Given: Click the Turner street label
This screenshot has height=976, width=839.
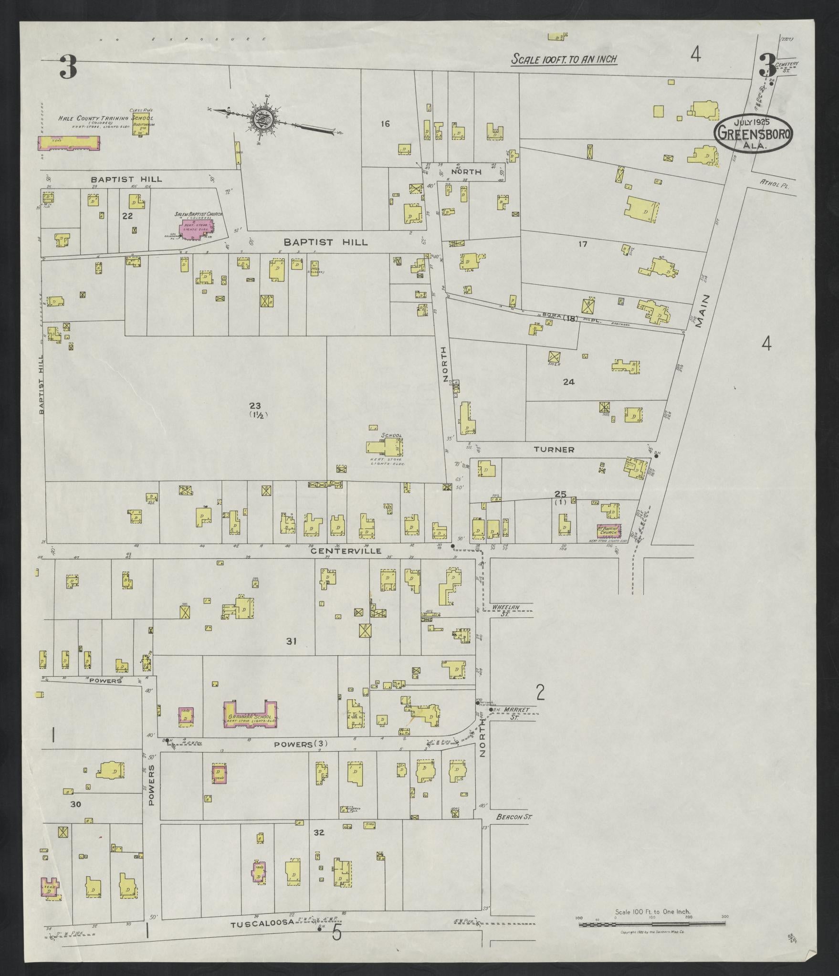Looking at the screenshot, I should tap(554, 450).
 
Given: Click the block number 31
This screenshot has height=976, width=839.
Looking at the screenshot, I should tap(291, 641).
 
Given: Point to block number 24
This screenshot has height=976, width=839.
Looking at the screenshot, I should tap(568, 381).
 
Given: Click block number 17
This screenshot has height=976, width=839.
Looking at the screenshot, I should tap(582, 244).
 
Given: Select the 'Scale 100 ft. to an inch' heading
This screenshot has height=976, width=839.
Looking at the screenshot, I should tap(564, 60).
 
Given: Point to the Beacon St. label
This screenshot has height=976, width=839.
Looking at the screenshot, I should tap(514, 817).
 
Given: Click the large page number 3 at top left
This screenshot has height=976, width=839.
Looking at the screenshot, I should tap(68, 67).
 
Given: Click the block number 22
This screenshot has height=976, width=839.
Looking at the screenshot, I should tap(127, 216).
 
